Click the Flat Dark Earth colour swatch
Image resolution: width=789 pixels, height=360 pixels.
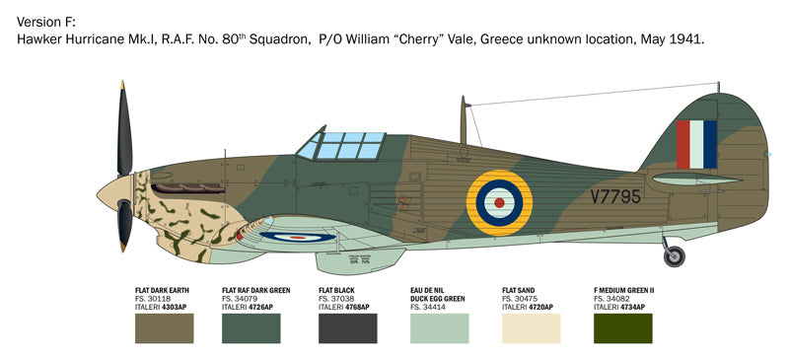164,327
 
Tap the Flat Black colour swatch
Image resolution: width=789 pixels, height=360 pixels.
347,327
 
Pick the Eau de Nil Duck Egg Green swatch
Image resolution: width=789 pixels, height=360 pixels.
439,327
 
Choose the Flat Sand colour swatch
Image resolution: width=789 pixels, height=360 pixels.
531,327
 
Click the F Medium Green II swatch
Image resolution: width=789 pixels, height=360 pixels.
623,327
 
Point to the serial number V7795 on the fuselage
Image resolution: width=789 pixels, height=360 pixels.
615,196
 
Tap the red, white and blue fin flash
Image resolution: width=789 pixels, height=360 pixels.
696,144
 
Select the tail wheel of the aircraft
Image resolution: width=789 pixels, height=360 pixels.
675,257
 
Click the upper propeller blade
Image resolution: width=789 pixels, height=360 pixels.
124,129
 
